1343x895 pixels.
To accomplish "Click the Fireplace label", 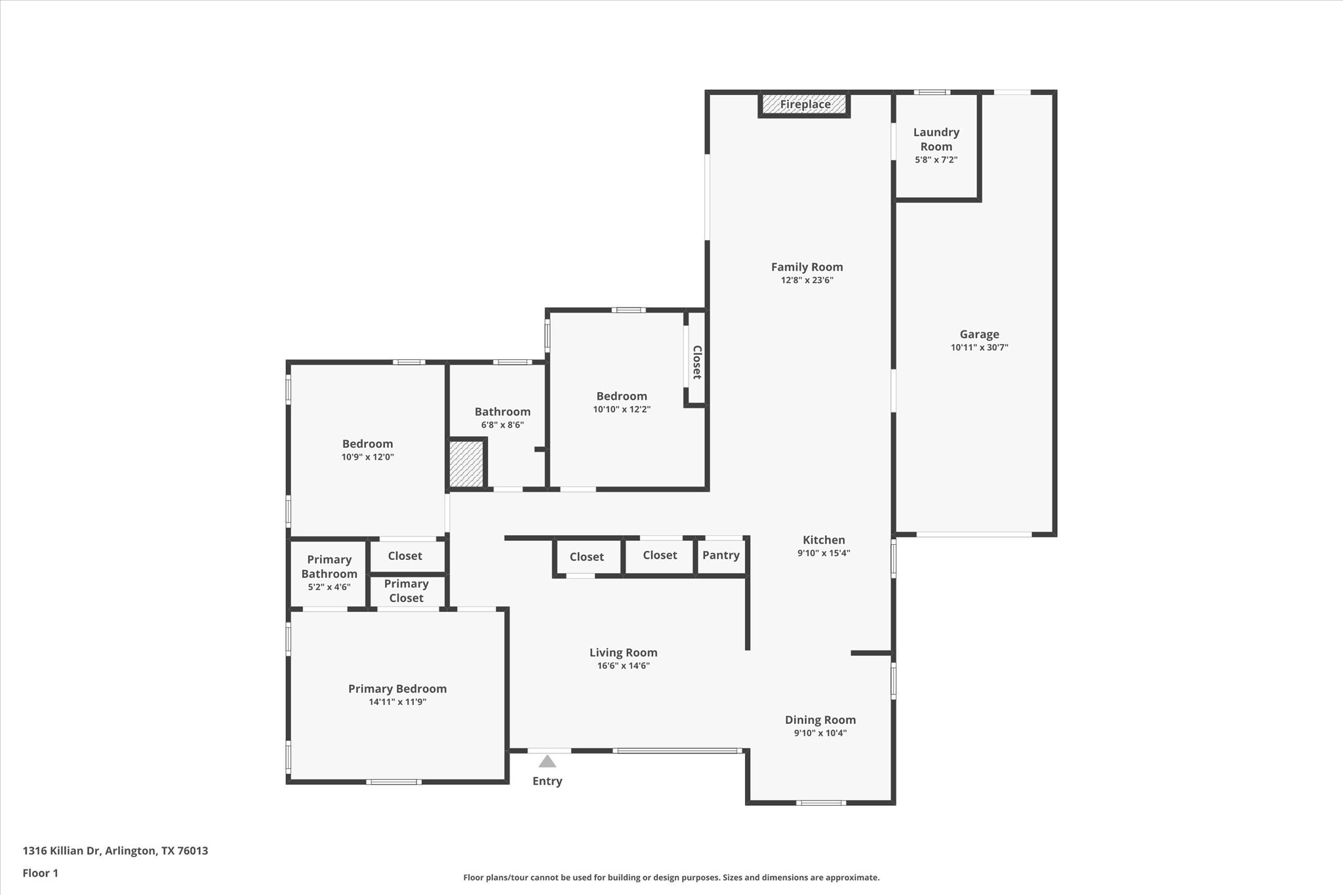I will point(805,104).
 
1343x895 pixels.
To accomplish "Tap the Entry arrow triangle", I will point(547,761).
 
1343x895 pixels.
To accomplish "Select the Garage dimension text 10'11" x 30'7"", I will point(979,348).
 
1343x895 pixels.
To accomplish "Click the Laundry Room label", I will point(936,139).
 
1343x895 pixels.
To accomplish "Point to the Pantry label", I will point(721,555).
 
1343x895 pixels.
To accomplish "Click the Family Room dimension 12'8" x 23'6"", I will point(807,280).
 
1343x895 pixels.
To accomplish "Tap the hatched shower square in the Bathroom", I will point(466,464).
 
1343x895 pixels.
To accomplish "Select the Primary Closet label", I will point(406,591).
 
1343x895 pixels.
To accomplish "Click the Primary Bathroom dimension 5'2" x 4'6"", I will point(329,587).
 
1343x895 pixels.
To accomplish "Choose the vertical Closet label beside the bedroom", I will point(696,362).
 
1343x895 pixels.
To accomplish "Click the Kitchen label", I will point(824,540).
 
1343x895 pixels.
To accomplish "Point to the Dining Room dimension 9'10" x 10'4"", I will point(820,733).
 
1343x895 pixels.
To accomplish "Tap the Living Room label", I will point(623,652).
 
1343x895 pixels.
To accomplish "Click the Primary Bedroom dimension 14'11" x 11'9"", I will point(397,702).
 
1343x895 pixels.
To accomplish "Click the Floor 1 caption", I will point(41,873).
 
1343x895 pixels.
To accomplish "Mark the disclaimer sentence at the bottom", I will point(671,877).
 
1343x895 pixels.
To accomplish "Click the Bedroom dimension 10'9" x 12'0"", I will point(367,457).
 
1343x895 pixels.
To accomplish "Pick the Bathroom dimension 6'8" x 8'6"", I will point(502,425).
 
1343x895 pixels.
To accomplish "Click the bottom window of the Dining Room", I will point(820,803).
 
